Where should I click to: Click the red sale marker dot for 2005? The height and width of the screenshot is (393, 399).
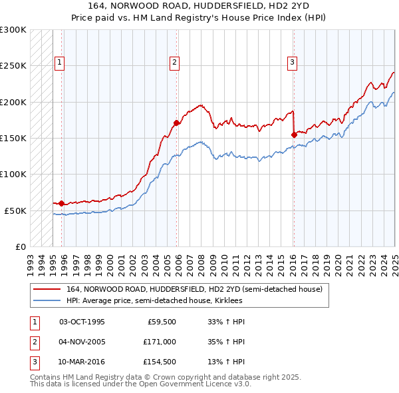tap(176, 123)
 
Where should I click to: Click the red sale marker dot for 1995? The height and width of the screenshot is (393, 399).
tap(61, 203)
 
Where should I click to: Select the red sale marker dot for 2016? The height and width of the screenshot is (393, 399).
tap(294, 135)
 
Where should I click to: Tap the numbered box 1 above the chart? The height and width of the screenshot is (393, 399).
tap(59, 63)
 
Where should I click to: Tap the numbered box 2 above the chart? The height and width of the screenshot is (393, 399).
tap(174, 63)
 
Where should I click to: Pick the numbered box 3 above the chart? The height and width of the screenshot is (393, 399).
tap(292, 63)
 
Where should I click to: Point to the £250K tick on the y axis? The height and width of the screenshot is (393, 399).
tap(13, 66)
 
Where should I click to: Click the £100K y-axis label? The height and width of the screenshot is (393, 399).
tap(13, 174)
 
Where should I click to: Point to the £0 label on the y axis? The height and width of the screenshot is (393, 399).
tap(20, 246)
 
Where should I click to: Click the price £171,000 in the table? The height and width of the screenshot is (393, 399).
tap(160, 342)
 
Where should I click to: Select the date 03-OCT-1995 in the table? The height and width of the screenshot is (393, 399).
tap(82, 321)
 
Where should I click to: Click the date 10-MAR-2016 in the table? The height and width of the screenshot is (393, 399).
tap(82, 362)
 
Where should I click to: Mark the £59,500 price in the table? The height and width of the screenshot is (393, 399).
tap(162, 321)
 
